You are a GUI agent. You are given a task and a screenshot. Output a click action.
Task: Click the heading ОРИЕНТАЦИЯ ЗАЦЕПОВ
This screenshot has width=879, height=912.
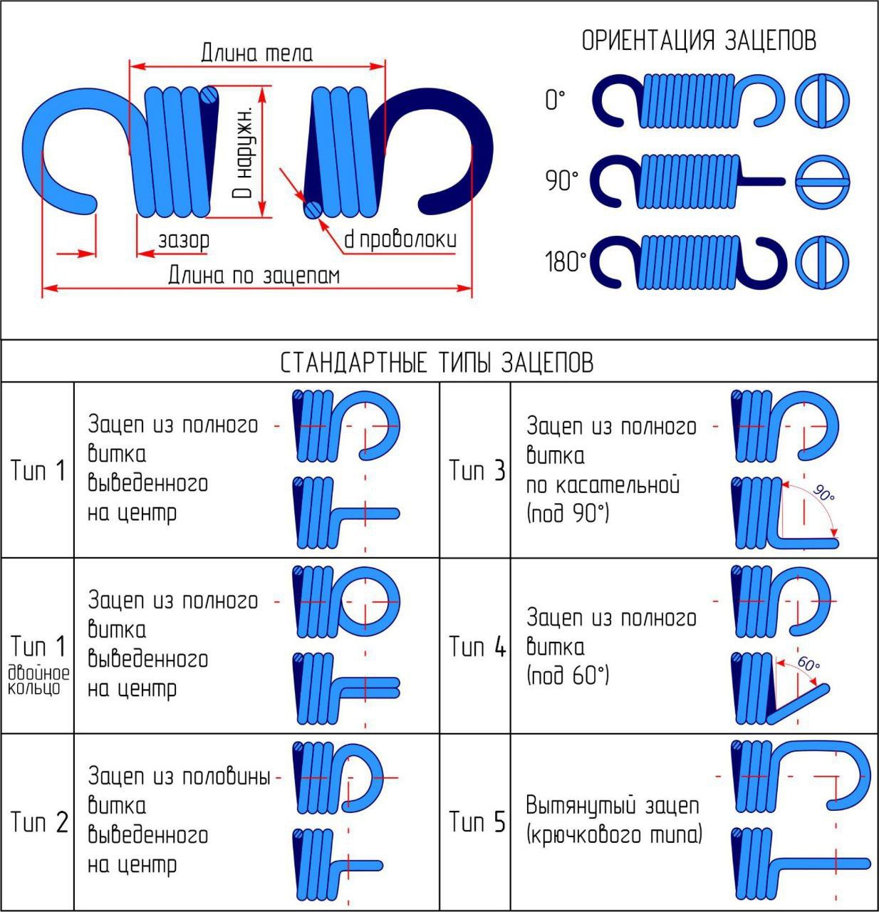tap(699, 41)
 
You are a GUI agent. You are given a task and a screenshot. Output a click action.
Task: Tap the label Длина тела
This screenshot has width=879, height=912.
tap(256, 53)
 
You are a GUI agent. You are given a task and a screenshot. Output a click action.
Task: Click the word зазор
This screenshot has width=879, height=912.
tap(184, 240)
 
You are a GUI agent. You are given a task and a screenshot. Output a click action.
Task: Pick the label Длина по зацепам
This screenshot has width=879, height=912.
tap(254, 275)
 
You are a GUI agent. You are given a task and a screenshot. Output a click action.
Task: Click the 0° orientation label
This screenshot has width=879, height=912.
tap(555, 100)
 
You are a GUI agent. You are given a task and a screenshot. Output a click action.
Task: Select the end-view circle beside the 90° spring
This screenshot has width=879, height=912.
tap(822, 182)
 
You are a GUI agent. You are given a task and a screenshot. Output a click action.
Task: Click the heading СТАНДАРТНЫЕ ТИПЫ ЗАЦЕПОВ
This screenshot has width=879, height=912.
tap(437, 363)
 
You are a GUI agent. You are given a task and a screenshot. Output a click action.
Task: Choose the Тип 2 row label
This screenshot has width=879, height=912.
tap(39, 822)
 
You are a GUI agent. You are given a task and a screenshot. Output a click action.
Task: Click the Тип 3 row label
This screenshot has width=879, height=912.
tap(477, 470)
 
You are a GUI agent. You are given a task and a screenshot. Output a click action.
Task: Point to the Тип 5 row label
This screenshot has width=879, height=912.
tap(477, 822)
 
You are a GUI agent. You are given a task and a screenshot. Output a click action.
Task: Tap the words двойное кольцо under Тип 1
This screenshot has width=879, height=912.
tap(39, 681)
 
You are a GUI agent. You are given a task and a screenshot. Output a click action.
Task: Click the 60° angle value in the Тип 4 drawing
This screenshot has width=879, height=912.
tap(808, 663)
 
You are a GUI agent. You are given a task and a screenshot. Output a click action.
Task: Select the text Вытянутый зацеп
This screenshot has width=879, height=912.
tap(612, 806)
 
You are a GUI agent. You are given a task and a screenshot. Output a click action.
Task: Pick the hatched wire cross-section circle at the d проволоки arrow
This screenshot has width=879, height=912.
tap(312, 209)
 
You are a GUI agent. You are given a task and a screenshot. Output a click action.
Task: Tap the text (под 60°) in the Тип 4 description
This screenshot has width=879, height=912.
tap(568, 675)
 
